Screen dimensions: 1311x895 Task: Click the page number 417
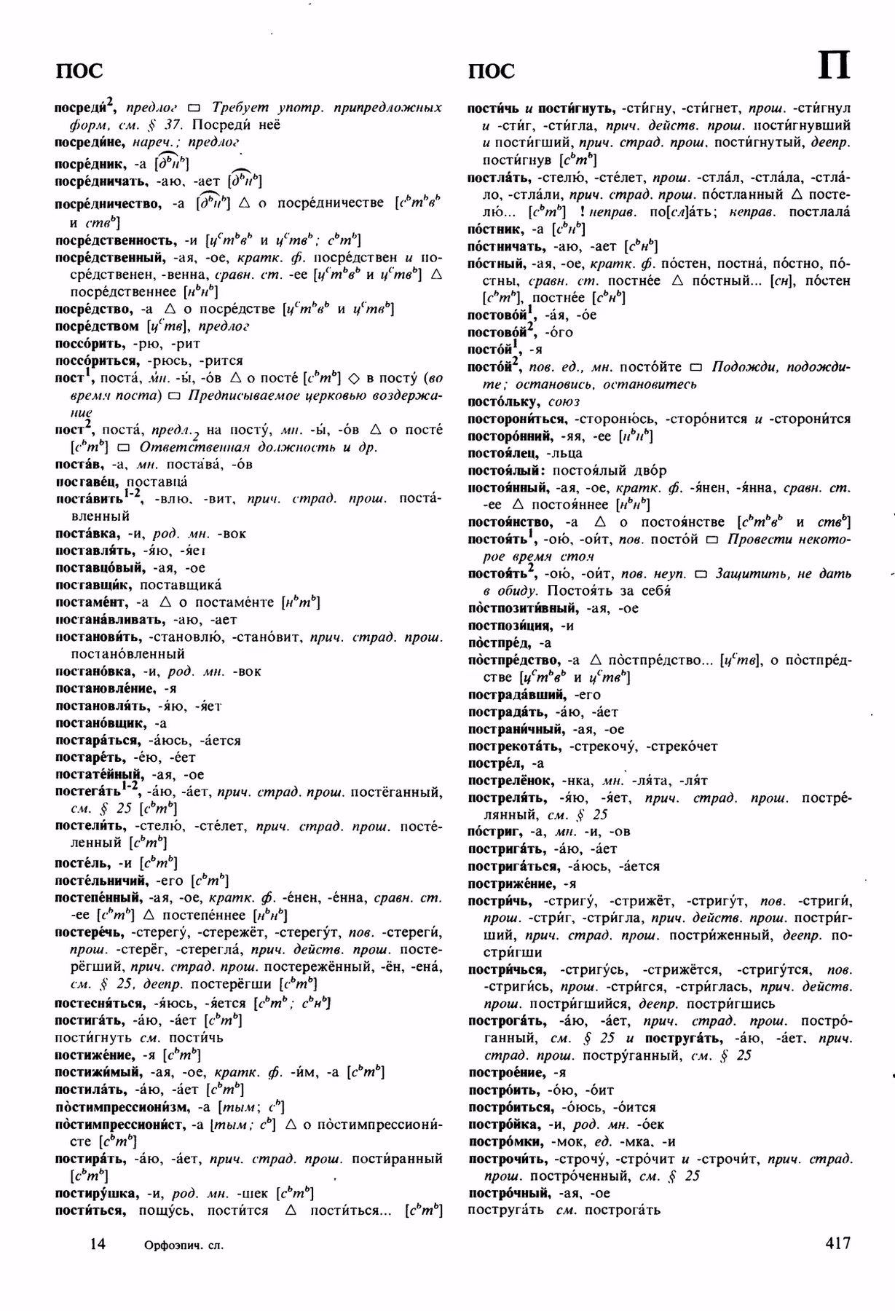[x=837, y=1243]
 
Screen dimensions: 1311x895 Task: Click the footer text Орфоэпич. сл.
[x=184, y=1245]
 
